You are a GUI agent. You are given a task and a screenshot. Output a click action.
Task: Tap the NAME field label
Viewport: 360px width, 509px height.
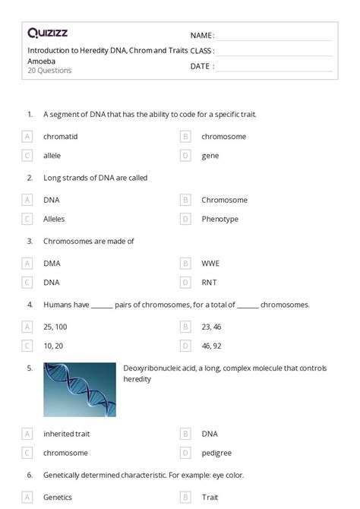(x=202, y=36)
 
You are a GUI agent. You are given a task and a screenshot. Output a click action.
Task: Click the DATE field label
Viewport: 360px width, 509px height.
(x=202, y=66)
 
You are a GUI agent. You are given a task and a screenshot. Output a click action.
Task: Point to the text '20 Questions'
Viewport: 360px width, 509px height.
(x=49, y=71)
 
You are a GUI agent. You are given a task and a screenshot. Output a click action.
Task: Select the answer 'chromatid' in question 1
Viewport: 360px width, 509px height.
(x=61, y=137)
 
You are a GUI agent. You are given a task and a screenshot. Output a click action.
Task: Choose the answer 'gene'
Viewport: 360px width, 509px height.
(x=210, y=156)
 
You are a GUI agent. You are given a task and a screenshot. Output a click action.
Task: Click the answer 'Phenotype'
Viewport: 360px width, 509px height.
(x=219, y=220)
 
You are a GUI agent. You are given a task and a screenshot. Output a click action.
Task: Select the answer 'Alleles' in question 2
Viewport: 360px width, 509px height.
(x=54, y=220)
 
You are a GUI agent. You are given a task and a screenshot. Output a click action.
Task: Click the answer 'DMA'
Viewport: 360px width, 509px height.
(x=52, y=264)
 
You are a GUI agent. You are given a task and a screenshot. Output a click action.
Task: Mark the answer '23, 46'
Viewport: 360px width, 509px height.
(x=212, y=327)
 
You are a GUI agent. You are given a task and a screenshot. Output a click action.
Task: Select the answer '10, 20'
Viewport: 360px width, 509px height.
(x=53, y=346)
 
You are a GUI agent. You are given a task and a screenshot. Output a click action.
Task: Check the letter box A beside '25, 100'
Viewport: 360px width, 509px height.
(x=27, y=327)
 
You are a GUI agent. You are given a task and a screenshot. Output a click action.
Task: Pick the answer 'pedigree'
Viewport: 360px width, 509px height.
(x=216, y=454)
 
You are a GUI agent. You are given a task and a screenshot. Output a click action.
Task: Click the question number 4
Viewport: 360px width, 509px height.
(x=30, y=305)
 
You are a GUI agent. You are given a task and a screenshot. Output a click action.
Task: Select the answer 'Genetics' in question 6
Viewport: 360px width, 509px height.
(x=58, y=498)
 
